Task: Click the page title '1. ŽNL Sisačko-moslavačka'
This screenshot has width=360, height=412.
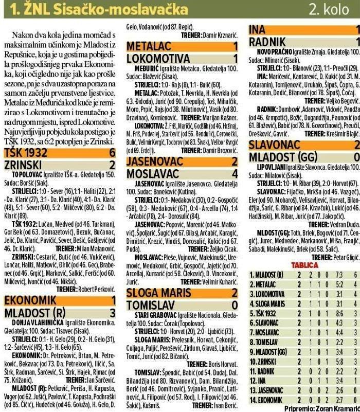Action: pyautogui.click(x=87, y=9)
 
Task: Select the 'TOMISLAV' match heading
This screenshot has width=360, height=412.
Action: pyautogui.click(x=150, y=305)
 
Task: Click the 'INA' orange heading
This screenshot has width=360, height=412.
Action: pyautogui.click(x=258, y=30)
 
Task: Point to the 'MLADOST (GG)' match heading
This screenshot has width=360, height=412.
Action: pyautogui.click(x=282, y=157)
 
